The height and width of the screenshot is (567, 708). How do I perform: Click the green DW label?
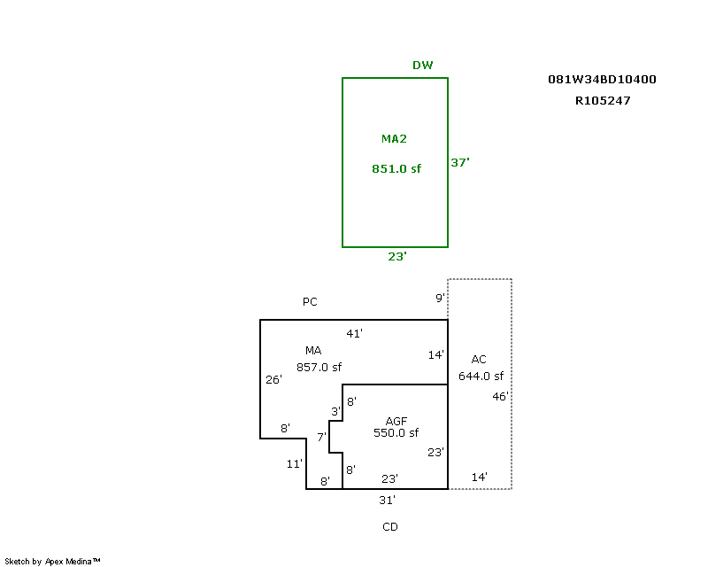[423, 66]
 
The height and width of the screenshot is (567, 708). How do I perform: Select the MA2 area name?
[394, 139]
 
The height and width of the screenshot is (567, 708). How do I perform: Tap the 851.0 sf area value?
[396, 168]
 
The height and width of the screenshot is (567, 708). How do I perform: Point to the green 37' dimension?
[460, 162]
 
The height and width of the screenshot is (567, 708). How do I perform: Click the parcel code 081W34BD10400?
[602, 80]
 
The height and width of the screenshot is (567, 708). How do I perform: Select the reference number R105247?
[602, 101]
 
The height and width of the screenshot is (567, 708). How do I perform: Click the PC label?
[310, 302]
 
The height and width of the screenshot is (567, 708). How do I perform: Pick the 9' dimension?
[440, 299]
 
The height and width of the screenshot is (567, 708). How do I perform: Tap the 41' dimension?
[355, 333]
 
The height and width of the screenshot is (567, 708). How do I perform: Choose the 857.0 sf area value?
[319, 367]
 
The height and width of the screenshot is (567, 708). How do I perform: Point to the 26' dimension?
[273, 380]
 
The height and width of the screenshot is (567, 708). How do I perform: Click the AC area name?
[479, 360]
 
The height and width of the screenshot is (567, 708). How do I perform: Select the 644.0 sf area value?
[481, 376]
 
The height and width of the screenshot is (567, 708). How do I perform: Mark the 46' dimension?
[501, 397]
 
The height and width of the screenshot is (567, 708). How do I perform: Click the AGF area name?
[396, 420]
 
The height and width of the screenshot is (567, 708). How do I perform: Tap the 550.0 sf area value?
[396, 433]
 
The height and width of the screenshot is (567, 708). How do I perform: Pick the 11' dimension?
[295, 463]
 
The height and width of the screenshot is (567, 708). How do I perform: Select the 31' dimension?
[387, 500]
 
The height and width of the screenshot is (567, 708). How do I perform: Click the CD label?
[390, 527]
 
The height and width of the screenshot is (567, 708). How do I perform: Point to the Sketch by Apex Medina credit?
[53, 561]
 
